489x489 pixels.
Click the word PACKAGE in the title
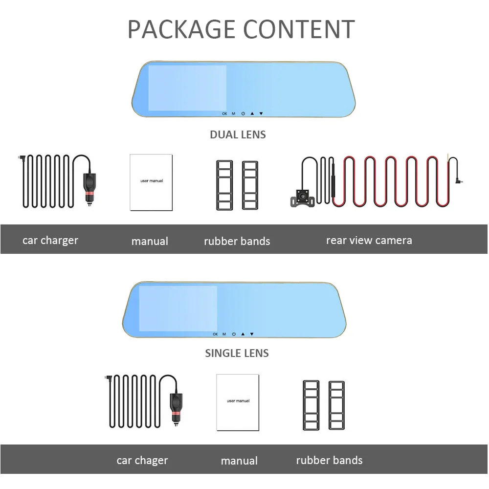181,29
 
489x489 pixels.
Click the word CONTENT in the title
299,29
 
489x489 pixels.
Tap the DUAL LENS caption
238,135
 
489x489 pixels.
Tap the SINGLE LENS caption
237,353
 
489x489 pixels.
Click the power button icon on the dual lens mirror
243,113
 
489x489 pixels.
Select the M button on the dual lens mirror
233,113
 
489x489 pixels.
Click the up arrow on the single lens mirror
243,334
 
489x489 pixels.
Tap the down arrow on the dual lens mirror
261,113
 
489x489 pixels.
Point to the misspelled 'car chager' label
142,461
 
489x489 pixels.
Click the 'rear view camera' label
369,241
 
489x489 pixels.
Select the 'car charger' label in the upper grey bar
50,241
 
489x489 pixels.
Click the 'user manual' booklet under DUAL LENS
151,182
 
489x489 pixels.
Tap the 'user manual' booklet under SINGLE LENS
238,402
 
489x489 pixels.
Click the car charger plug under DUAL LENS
89,189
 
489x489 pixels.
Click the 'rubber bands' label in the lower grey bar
329,460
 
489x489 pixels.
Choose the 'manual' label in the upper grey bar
150,241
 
